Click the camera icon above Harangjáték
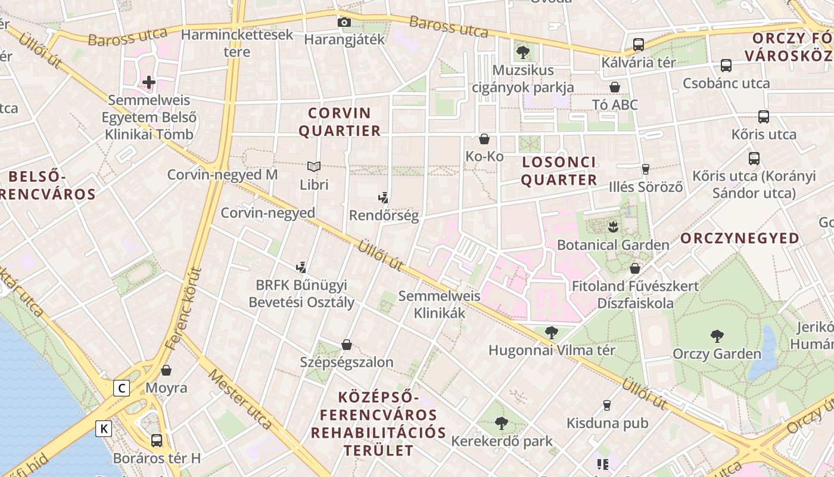[344, 23]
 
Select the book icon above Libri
[313, 166]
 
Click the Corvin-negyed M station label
[222, 175]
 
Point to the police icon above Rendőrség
[384, 197]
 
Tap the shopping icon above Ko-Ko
[484, 139]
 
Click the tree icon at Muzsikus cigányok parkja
[523, 52]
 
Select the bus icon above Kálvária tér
[638, 44]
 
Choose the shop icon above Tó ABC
[615, 87]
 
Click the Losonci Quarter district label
[559, 171]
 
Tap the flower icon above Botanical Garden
[613, 227]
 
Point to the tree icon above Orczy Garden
[717, 336]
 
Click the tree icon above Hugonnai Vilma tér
[552, 332]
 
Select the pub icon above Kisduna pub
[607, 405]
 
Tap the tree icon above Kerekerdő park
[502, 423]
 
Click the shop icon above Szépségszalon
[347, 344]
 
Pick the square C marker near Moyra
[122, 389]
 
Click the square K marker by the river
[104, 428]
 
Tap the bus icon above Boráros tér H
[157, 440]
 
